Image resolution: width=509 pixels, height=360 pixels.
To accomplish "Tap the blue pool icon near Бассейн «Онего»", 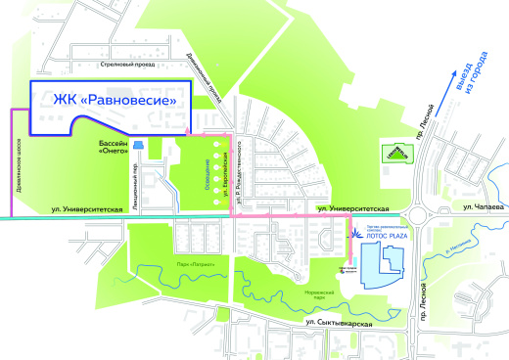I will pyautogui.click(x=138, y=146).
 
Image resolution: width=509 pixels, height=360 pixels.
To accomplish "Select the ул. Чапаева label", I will pyautogui.click(x=481, y=207).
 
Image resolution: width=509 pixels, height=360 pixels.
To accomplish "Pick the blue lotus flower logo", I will pyautogui.click(x=355, y=235).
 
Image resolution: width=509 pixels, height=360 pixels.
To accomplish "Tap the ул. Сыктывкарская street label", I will pyautogui.click(x=339, y=322).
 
